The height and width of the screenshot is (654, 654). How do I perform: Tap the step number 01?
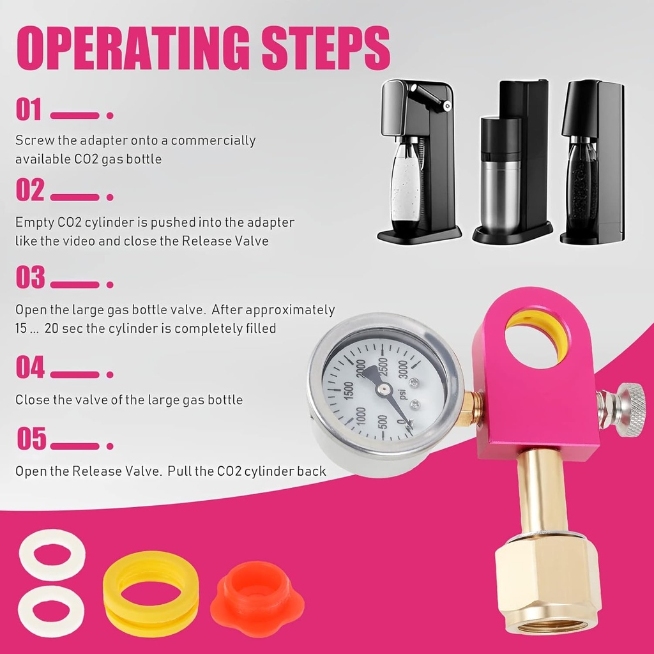(29, 110)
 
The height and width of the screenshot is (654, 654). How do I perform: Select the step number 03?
(30, 278)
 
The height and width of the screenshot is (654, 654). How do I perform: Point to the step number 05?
(31, 440)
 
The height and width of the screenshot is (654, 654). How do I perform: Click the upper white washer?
(52, 554)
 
